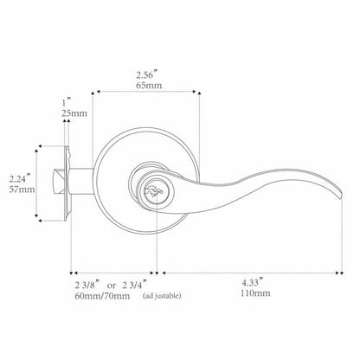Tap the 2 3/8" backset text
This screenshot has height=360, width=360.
tap(85, 282)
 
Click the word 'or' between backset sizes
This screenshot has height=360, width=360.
tap(112, 283)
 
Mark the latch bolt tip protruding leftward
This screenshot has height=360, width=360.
tap(56, 183)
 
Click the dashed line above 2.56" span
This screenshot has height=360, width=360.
tap(145, 89)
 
